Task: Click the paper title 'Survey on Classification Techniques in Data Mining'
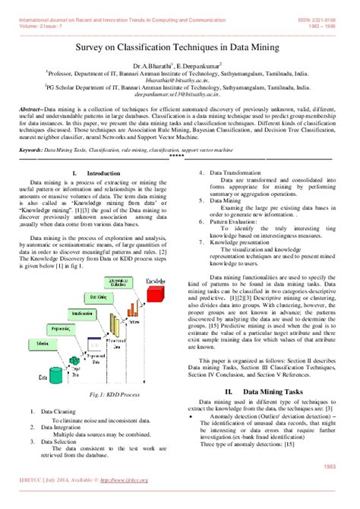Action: coord(180,48)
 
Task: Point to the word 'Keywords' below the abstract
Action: coord(33,151)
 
